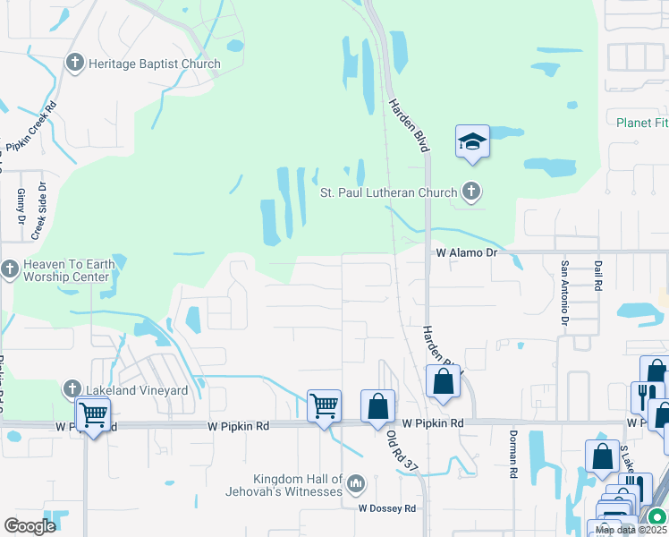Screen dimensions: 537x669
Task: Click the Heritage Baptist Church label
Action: point(153,64)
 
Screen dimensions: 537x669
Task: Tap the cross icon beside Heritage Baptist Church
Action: point(74,64)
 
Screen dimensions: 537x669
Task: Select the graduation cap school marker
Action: point(472,141)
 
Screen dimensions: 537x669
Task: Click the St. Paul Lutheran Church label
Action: point(389,192)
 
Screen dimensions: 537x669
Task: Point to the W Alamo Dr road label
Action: point(465,253)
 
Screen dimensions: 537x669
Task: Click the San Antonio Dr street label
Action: point(564,292)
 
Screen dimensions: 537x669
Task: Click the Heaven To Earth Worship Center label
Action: point(66,270)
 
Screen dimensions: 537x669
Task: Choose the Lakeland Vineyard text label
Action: point(136,390)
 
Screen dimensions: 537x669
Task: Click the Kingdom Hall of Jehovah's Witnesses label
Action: point(298,485)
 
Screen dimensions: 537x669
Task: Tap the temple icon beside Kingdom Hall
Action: point(356,485)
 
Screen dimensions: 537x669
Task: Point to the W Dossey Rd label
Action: point(387,508)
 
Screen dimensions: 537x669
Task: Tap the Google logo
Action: point(30,526)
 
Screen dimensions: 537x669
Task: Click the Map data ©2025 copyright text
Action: point(630,530)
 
